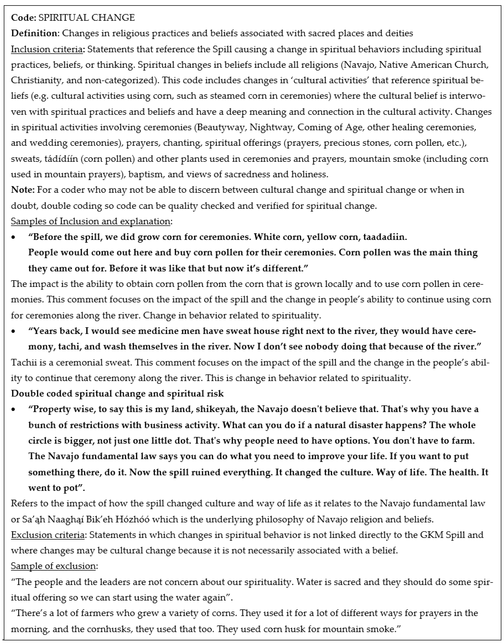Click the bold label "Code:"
point(24,18)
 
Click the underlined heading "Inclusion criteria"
point(47,49)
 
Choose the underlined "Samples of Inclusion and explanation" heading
point(91,221)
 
